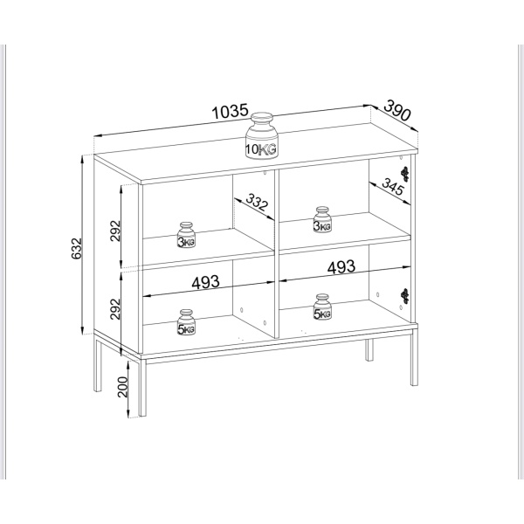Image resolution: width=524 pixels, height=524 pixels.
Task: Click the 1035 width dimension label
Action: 231,112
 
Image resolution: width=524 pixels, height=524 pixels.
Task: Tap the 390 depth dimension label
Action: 397,110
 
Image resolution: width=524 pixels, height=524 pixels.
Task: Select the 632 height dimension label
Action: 77,248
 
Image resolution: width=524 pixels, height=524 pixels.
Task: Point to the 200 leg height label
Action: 123,387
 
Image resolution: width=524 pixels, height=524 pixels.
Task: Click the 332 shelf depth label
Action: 257,203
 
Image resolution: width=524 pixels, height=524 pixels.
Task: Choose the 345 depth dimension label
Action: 393,187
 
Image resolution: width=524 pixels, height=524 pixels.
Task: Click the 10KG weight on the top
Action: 262,135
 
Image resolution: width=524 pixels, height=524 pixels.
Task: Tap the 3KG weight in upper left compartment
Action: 187,235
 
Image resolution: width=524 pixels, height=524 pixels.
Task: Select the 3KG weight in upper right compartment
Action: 322,219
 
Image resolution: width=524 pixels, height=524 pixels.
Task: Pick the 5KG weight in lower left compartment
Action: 187,322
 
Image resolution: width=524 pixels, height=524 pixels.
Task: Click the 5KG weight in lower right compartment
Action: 322,307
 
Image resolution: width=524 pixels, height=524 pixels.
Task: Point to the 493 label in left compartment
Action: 205,282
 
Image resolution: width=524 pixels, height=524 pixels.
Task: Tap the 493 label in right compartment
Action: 341,267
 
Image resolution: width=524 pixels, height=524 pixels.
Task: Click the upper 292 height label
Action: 115,231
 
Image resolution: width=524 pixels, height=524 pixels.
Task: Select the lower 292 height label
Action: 115,309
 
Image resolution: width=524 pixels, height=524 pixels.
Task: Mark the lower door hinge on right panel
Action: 405,296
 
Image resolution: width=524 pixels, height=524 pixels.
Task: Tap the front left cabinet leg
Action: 142,388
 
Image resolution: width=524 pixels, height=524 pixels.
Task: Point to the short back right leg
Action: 369,350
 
